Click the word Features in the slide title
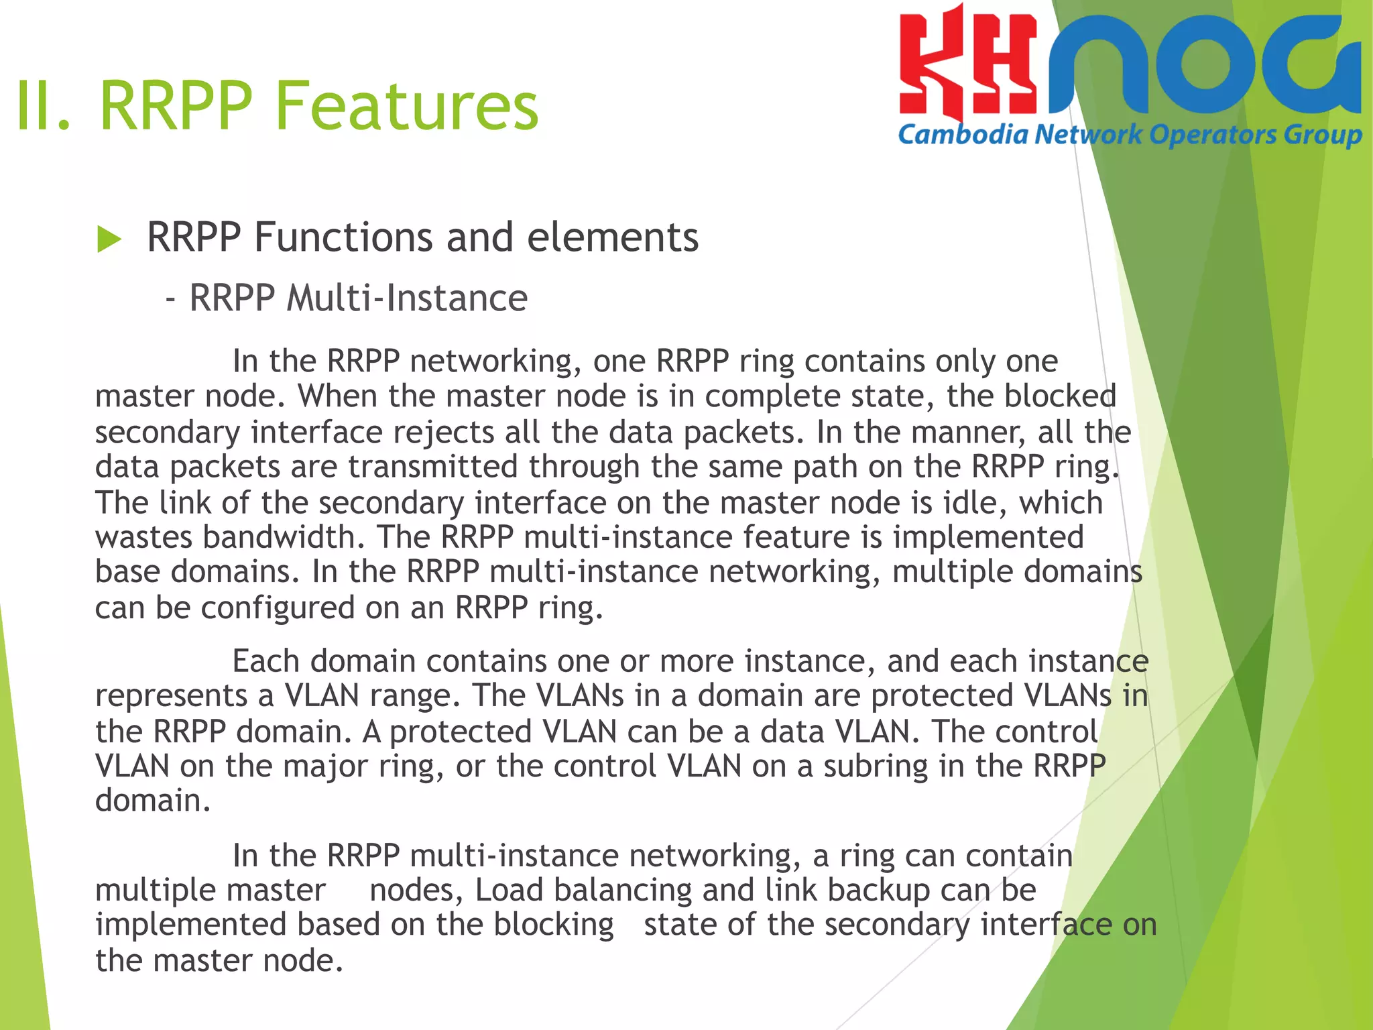coord(407,106)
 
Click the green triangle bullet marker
coord(109,239)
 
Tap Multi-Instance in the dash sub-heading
coord(407,298)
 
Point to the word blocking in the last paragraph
coord(554,925)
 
